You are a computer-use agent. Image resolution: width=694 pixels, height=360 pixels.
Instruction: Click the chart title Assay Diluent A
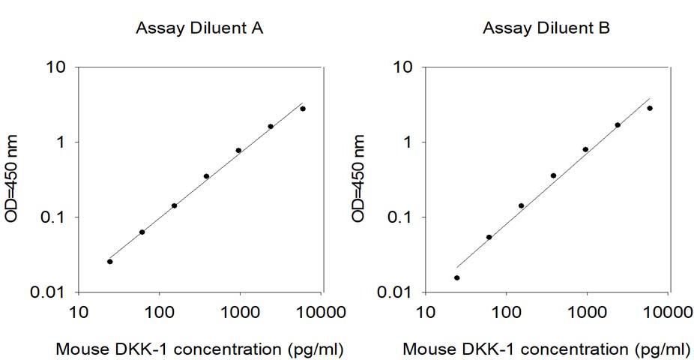click(199, 29)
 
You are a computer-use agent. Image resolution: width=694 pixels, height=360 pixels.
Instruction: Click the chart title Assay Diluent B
click(546, 29)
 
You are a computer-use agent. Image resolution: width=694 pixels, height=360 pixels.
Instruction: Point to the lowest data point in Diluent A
click(110, 262)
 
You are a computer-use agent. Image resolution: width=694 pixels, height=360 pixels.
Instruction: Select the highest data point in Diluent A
click(303, 109)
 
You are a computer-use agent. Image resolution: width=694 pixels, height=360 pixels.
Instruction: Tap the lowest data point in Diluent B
click(457, 277)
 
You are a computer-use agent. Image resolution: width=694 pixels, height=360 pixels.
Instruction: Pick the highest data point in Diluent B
click(650, 108)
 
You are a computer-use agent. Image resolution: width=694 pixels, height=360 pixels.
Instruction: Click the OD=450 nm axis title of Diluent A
click(13, 179)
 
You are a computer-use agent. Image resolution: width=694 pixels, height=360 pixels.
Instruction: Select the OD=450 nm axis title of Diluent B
click(360, 179)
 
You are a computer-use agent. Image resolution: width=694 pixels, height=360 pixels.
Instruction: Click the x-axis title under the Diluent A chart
click(200, 349)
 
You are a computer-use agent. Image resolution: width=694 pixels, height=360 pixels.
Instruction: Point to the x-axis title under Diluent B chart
click(546, 349)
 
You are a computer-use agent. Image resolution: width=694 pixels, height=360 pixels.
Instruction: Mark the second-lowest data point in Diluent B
click(489, 237)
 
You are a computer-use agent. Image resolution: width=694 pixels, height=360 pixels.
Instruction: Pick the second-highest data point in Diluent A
click(271, 127)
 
